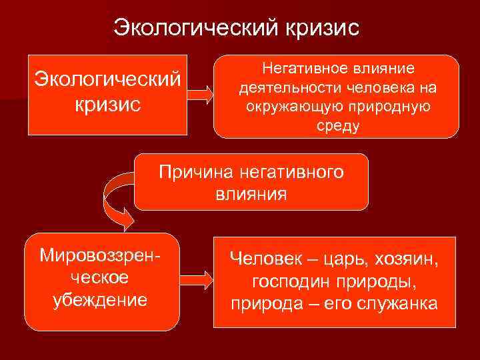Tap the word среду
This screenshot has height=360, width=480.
point(338,126)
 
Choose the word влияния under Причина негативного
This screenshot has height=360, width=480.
point(251,195)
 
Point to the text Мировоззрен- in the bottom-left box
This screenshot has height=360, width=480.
point(101,255)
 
